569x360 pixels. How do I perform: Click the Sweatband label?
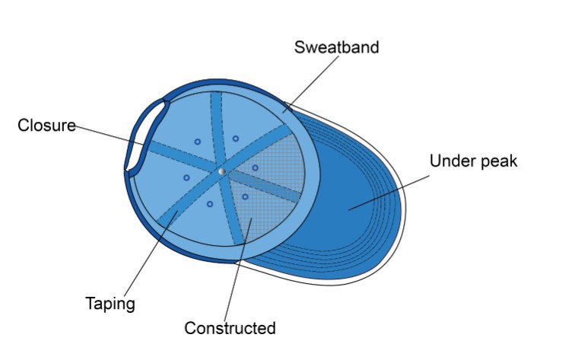[x=336, y=47]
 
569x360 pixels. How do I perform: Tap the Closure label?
[x=47, y=126]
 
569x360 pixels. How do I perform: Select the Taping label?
[x=110, y=304]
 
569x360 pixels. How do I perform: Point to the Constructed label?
[x=230, y=328]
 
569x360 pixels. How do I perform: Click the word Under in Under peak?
[x=450, y=161]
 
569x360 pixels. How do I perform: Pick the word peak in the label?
[x=496, y=161]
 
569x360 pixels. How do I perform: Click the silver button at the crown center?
[x=222, y=171]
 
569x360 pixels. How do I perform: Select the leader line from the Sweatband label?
[x=310, y=84]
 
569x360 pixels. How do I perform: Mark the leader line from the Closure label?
[x=110, y=135]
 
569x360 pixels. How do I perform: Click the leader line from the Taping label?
[x=151, y=253]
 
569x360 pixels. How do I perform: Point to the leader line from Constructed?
[x=238, y=269]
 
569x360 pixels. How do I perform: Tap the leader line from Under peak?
[x=389, y=193]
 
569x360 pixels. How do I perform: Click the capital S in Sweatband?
[x=300, y=47]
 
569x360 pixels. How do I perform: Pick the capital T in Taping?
[x=91, y=302]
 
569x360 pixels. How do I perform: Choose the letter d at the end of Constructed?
[x=271, y=328]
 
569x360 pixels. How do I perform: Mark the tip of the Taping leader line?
[x=178, y=212]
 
